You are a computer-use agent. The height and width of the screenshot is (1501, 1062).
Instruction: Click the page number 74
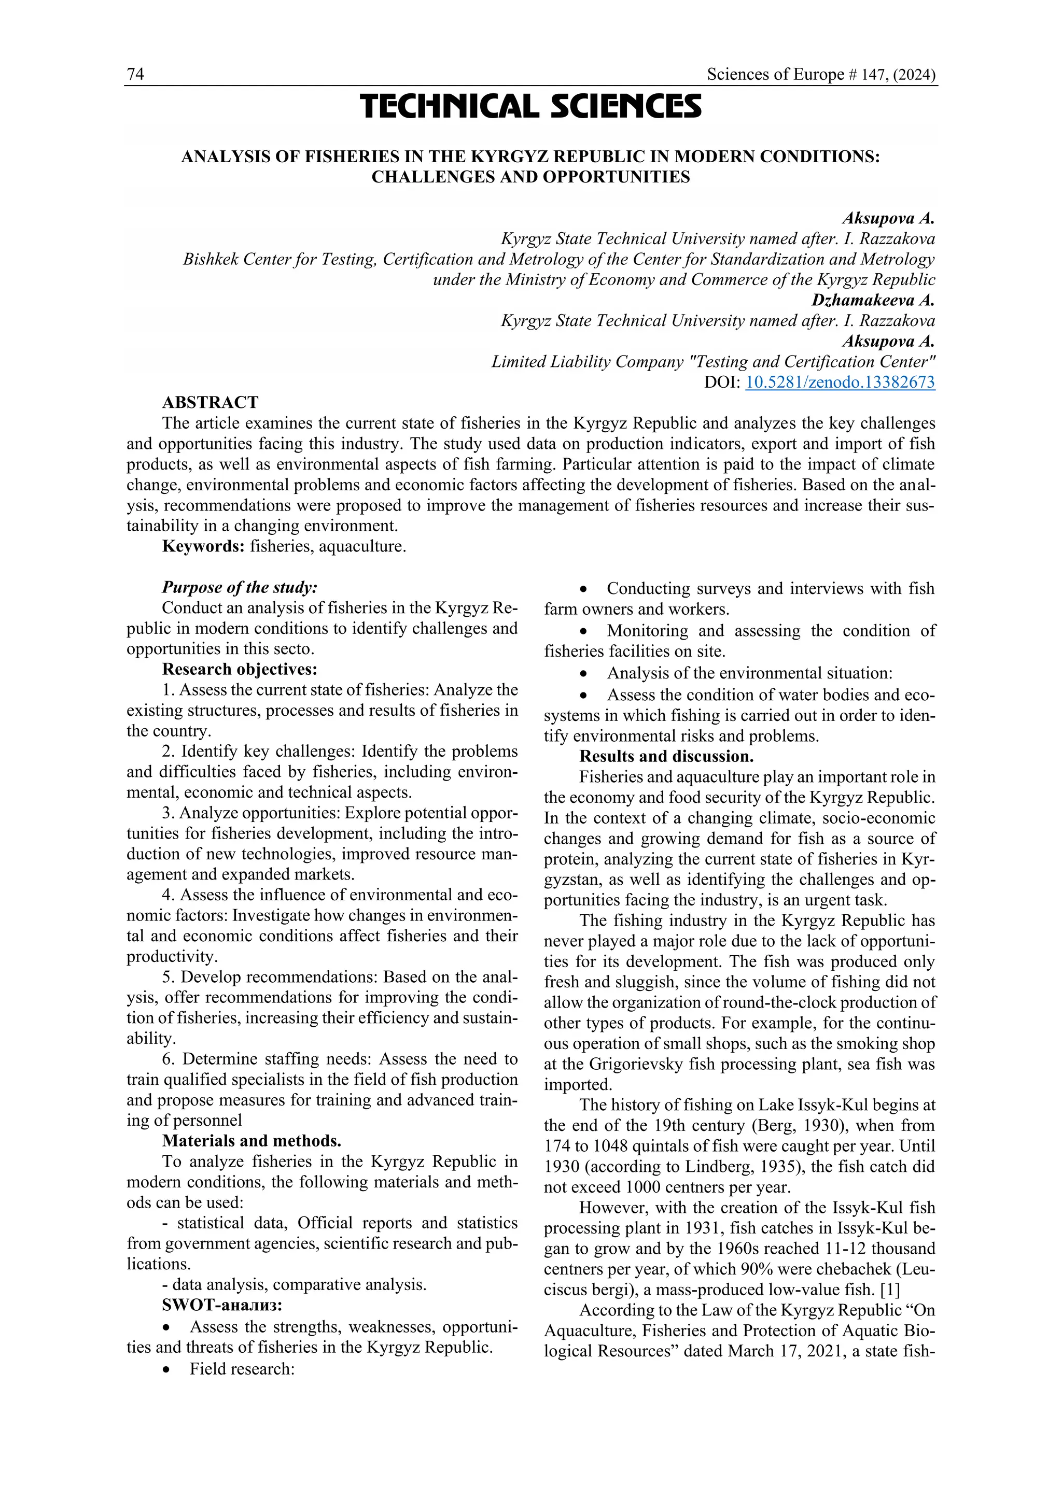(x=135, y=75)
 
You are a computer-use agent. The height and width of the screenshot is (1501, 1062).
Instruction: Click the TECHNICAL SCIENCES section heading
(x=530, y=107)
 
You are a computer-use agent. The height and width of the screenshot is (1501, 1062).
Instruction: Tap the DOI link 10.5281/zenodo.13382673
(x=840, y=383)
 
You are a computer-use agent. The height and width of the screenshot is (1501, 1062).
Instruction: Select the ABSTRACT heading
(x=210, y=403)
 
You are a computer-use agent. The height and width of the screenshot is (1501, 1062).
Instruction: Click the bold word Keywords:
(x=203, y=546)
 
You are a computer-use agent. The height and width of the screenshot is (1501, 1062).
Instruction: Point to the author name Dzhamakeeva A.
(x=873, y=300)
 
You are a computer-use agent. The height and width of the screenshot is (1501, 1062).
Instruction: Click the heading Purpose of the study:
(x=240, y=587)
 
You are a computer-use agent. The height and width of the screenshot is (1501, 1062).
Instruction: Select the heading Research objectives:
(x=240, y=670)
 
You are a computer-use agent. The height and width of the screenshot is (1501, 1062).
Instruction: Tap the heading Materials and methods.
(x=251, y=1141)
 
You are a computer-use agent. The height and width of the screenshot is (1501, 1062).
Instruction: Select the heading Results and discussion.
(x=666, y=756)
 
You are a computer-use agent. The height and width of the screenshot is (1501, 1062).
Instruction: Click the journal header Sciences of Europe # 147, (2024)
(x=821, y=75)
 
